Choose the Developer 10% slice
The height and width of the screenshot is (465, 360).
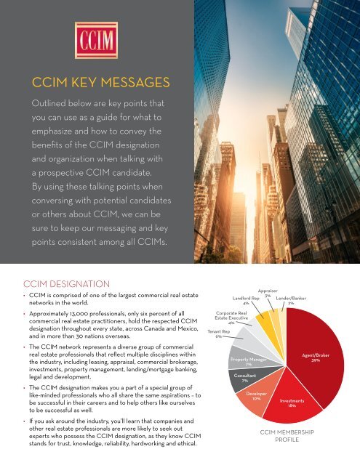coord(256,397)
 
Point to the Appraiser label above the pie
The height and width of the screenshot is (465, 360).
coord(269,290)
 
